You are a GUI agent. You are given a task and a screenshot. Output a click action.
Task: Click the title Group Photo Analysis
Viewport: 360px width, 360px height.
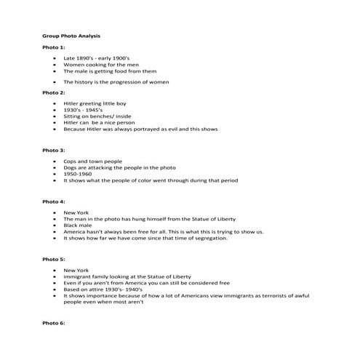tap(72, 35)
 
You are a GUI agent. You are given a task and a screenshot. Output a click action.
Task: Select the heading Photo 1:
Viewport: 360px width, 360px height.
tap(54, 47)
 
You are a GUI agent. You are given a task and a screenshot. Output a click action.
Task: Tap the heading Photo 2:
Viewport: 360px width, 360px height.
tap(54, 93)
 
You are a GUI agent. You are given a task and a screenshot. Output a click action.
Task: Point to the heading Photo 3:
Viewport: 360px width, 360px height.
tap(54, 150)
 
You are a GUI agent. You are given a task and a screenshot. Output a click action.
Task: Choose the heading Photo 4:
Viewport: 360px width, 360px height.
tap(54, 201)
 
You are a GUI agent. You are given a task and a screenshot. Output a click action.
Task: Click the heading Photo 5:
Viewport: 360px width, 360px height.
tap(54, 259)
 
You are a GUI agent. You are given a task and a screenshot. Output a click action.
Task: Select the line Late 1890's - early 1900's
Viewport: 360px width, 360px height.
tap(96, 57)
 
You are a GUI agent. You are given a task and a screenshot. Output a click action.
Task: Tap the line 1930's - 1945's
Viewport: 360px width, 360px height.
tap(83, 111)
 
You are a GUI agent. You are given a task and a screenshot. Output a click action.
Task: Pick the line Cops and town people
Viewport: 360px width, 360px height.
tap(92, 161)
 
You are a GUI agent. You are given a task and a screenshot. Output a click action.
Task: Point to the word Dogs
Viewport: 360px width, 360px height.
tap(70, 167)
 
